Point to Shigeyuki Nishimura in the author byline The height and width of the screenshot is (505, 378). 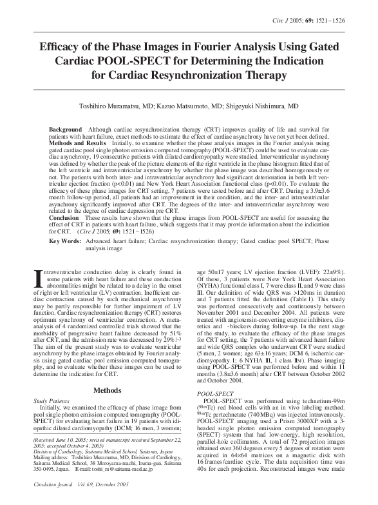click(254, 106)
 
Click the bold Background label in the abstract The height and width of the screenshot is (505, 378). click(66, 130)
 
